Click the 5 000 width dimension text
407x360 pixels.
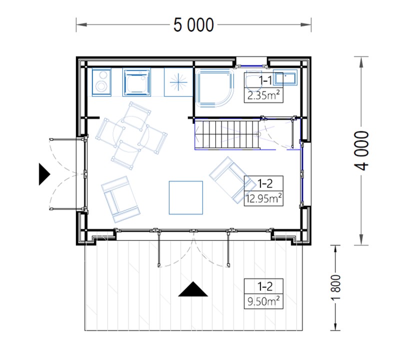pos(193,25)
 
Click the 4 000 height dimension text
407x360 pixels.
pos(361,150)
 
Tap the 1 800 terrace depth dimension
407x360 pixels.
pos(336,287)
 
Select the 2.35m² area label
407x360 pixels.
pos(263,96)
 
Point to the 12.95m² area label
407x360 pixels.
pos(263,199)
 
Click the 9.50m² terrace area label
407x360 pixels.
pos(263,301)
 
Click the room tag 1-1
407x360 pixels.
pos(265,80)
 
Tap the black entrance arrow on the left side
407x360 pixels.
pos(44,174)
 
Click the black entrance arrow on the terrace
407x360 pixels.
pos(193,289)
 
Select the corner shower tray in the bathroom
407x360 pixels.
pos(214,87)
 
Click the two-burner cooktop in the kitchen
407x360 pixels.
pos(102,82)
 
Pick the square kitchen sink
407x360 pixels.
pos(136,82)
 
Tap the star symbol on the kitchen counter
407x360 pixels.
pos(178,82)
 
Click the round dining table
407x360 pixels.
pos(131,135)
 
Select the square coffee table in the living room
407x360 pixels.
pos(186,198)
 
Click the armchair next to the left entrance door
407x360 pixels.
pos(120,199)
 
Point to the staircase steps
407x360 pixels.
pos(227,134)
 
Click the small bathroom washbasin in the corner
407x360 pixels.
pos(284,77)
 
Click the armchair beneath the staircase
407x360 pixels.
pos(232,180)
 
